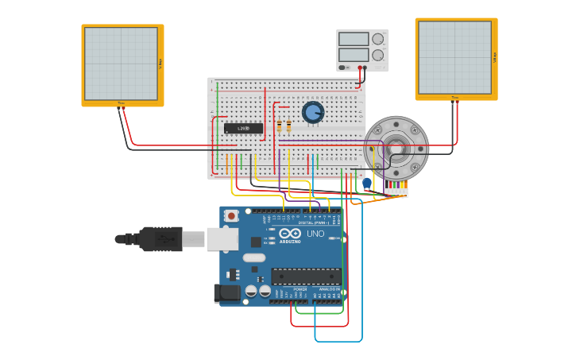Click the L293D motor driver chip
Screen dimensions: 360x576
[x=243, y=128]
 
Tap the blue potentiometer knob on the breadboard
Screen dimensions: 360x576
[x=313, y=112]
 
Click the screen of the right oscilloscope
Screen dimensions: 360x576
[x=454, y=58]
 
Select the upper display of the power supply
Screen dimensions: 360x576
[x=354, y=39]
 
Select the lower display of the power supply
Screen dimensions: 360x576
[x=354, y=55]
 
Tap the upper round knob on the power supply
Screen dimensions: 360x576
[x=378, y=39]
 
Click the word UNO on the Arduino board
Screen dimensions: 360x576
[x=315, y=234]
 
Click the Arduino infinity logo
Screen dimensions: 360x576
[x=290, y=233]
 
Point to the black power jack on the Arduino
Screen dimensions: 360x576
[x=227, y=293]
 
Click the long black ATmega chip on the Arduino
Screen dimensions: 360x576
[x=306, y=276]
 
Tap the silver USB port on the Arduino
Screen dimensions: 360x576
[x=222, y=238]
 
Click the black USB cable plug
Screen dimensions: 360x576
[x=160, y=238]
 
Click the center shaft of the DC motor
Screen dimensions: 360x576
[x=396, y=148]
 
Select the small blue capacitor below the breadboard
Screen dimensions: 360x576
[x=366, y=183]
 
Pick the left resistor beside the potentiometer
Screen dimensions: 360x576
[x=280, y=126]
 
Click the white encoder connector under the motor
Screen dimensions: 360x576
[x=396, y=190]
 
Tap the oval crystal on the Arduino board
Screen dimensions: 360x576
[x=254, y=257]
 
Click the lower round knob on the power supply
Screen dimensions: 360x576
[x=378, y=56]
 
